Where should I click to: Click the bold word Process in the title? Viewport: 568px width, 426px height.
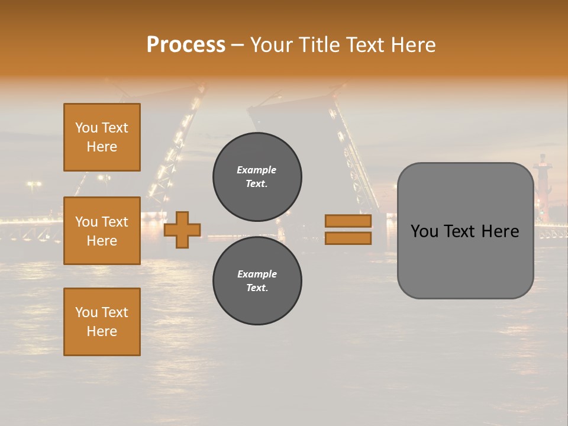pyautogui.click(x=186, y=45)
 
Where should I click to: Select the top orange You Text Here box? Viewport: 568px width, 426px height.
pyautogui.click(x=102, y=137)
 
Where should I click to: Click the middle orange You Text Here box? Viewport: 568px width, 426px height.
pyautogui.click(x=102, y=231)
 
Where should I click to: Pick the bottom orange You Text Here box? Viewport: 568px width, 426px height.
pyautogui.click(x=102, y=322)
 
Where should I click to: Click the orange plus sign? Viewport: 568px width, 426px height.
pyautogui.click(x=182, y=230)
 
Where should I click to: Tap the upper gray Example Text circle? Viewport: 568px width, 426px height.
pyautogui.click(x=257, y=177)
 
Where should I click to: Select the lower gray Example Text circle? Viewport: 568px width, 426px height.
pyautogui.click(x=257, y=281)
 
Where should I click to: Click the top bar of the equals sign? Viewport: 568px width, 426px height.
pyautogui.click(x=348, y=221)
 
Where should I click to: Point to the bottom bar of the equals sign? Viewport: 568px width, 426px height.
pyautogui.click(x=348, y=238)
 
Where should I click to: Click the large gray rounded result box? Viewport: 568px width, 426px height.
pyautogui.click(x=465, y=260)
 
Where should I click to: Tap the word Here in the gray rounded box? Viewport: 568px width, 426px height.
pyautogui.click(x=500, y=231)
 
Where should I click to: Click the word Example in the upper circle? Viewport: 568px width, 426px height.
pyautogui.click(x=257, y=170)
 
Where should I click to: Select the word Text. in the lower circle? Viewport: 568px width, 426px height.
pyautogui.click(x=257, y=288)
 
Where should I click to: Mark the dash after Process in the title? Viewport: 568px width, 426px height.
pyautogui.click(x=237, y=45)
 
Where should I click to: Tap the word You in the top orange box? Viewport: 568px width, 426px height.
pyautogui.click(x=86, y=128)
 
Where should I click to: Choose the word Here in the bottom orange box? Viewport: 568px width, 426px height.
pyautogui.click(x=102, y=331)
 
